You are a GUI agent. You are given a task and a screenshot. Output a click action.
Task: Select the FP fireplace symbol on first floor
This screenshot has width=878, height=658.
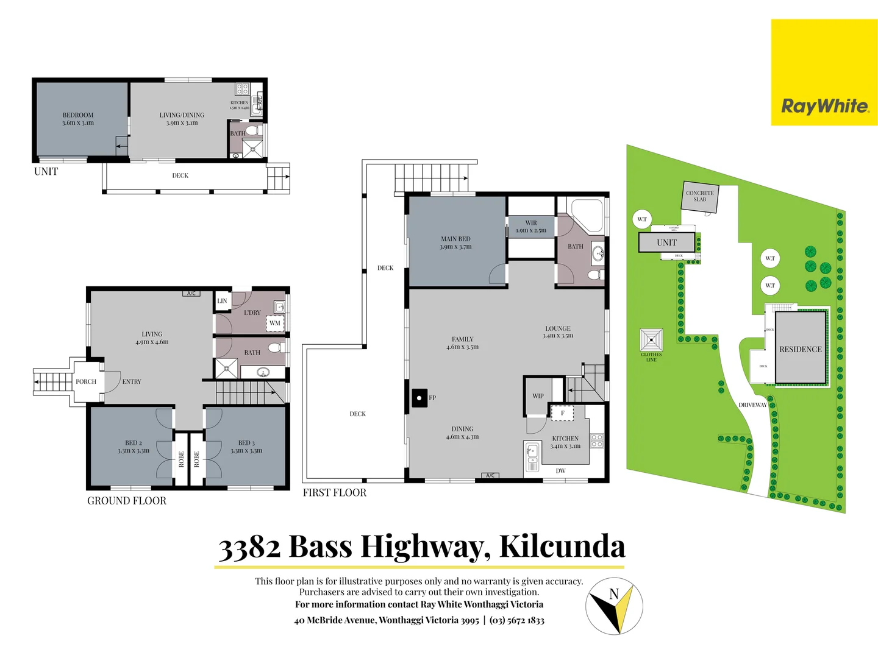[x=419, y=398]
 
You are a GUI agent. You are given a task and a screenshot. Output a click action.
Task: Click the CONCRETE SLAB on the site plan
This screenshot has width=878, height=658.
[x=699, y=196]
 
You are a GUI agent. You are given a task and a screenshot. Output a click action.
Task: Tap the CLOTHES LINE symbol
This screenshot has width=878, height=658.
[x=651, y=339]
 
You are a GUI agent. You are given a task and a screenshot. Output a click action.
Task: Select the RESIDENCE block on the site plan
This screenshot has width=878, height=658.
[x=800, y=349]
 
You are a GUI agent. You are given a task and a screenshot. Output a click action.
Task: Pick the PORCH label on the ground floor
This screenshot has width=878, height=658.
[x=86, y=382]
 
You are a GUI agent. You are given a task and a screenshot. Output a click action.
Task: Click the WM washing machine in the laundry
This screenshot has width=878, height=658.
[x=275, y=323]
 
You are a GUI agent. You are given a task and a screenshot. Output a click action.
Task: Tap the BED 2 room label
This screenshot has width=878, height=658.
[x=134, y=443]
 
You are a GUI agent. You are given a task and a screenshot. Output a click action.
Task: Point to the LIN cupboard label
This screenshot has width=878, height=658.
[x=222, y=301]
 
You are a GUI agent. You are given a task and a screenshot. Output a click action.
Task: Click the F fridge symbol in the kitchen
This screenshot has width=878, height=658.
[x=562, y=413]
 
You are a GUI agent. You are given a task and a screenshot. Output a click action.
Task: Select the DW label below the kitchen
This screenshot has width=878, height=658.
[x=560, y=471]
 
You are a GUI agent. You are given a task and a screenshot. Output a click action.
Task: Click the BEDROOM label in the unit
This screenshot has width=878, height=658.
[x=78, y=115]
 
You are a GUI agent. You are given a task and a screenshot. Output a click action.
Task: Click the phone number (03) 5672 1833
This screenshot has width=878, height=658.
[x=517, y=620]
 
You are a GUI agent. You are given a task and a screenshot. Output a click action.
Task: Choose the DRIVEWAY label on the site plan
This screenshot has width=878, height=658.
[x=752, y=405]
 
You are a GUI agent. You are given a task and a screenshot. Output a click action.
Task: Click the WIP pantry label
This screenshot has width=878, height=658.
[x=538, y=396]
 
